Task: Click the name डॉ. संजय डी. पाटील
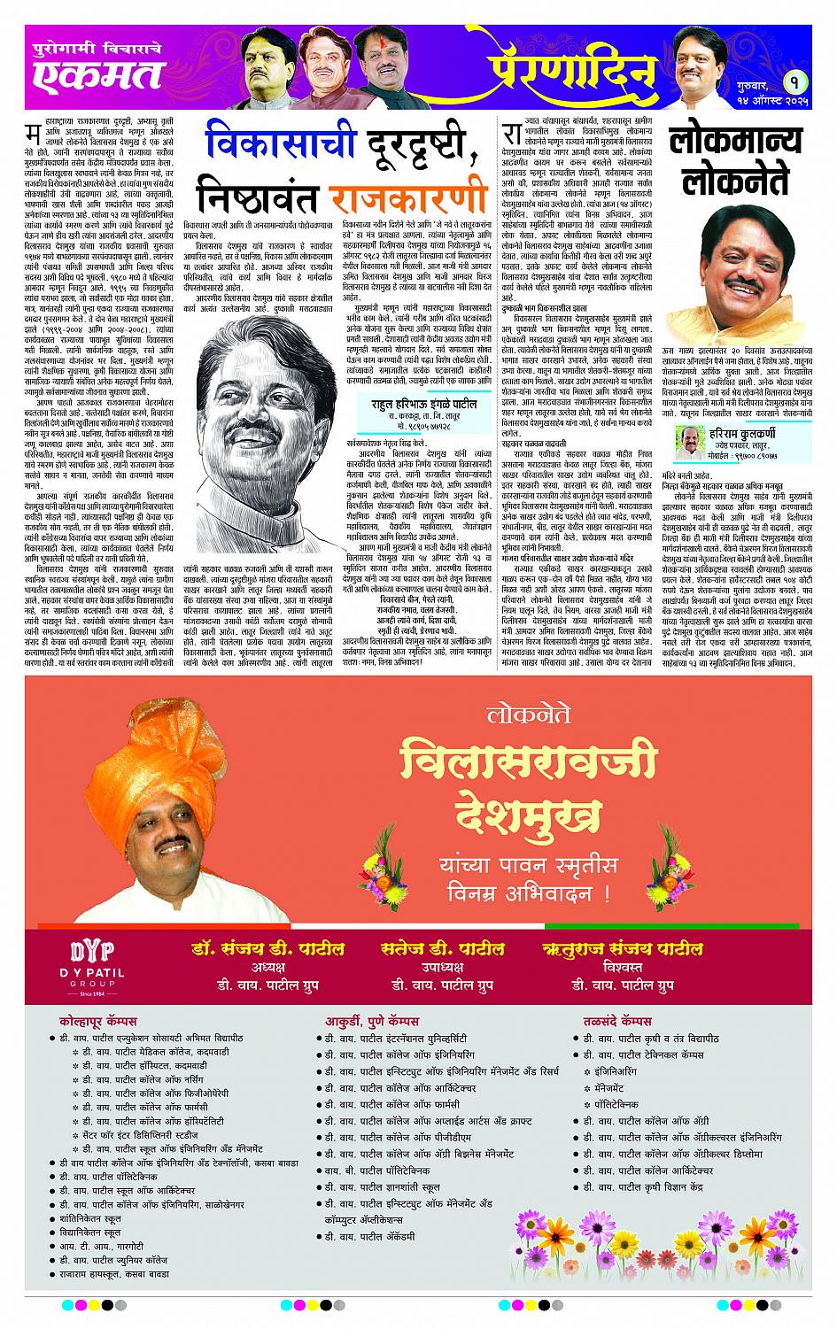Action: click(267, 948)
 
